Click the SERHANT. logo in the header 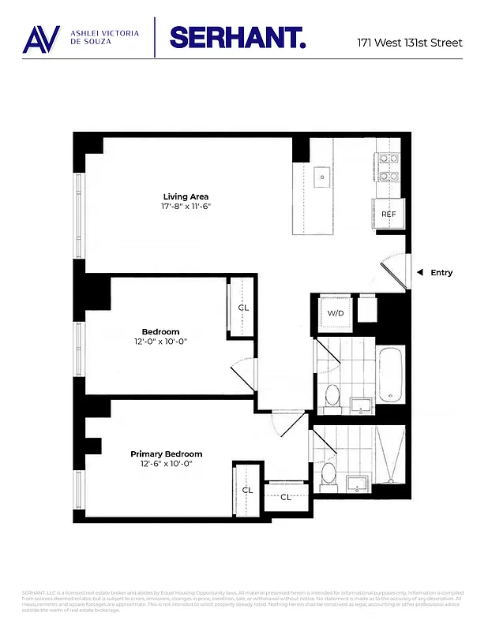point(237,37)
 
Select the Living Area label point(186,196)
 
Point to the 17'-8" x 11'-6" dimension point(186,207)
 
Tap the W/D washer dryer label point(336,313)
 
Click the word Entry point(442,273)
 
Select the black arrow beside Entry point(420,273)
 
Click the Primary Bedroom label point(166,454)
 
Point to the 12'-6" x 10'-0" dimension point(166,464)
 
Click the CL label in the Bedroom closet point(243,307)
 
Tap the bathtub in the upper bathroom point(391,375)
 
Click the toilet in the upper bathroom point(332,395)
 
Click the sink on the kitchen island point(322,177)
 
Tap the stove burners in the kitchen point(388,166)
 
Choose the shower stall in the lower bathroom point(389,456)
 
